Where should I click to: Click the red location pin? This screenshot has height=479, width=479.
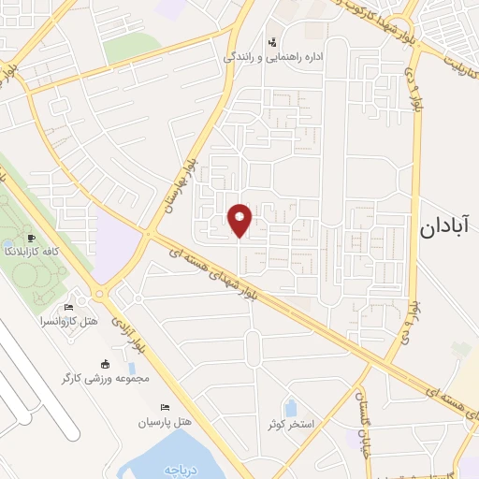[240, 219]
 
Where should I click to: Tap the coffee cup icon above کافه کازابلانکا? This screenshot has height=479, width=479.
[33, 239]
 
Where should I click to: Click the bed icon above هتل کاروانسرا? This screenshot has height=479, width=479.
[67, 308]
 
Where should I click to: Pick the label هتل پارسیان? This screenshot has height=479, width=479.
[165, 422]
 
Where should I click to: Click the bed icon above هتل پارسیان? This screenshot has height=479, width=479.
[166, 408]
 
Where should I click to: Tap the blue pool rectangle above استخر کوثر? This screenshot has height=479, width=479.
[290, 408]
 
